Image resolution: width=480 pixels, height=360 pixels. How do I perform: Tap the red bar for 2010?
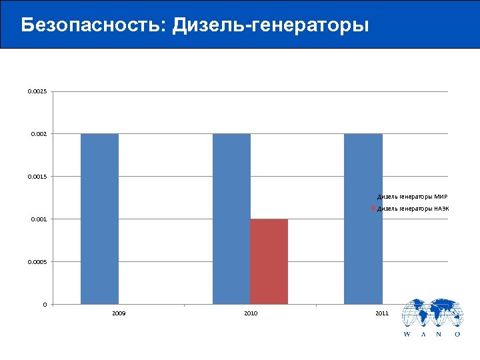pos(269,261)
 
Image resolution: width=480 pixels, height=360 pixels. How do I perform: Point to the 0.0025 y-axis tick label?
pos(37,91)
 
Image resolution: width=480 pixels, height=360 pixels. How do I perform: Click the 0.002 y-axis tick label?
pos(39,134)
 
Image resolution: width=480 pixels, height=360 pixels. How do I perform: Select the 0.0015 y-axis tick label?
pos(37,177)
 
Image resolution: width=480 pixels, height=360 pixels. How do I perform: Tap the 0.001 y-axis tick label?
pos(39,219)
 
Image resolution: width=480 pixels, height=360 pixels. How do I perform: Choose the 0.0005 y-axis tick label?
pos(37,262)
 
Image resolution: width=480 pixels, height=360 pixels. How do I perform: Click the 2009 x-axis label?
pos(119,313)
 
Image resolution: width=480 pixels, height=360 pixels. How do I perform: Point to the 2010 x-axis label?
pos(251,313)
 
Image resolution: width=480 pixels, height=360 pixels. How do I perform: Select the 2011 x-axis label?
pos(382,313)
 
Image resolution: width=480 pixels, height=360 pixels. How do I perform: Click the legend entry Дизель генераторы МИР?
pos(413,197)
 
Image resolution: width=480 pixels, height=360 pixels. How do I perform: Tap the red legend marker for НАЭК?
pos(374,209)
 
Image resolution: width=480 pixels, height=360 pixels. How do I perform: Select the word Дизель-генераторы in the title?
pos(270,25)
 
